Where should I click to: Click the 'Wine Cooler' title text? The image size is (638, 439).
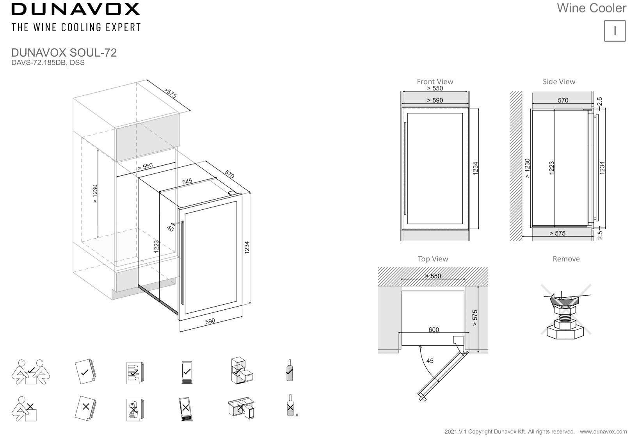coord(591,8)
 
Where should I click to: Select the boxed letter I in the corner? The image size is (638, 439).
coord(615,31)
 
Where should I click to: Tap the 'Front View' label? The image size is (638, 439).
coord(435,82)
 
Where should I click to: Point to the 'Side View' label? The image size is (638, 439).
coord(559,82)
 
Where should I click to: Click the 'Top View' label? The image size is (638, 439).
coord(433,259)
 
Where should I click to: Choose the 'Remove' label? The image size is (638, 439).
coord(566,259)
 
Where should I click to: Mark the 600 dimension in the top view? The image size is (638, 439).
coord(434,330)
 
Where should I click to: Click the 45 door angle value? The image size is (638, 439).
coord(430,361)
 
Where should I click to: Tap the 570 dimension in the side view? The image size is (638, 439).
coord(563,100)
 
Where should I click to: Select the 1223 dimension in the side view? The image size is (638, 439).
coord(551,168)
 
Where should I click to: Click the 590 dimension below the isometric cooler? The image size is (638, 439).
coord(210,321)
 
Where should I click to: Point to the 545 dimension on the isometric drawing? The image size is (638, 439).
coord(187,182)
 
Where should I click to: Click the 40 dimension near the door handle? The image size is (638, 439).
coord(170,228)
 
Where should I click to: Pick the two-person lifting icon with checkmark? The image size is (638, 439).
coord(30,371)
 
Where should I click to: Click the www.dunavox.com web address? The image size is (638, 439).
coord(603,432)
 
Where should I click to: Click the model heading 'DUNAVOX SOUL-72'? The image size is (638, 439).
coord(64,53)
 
